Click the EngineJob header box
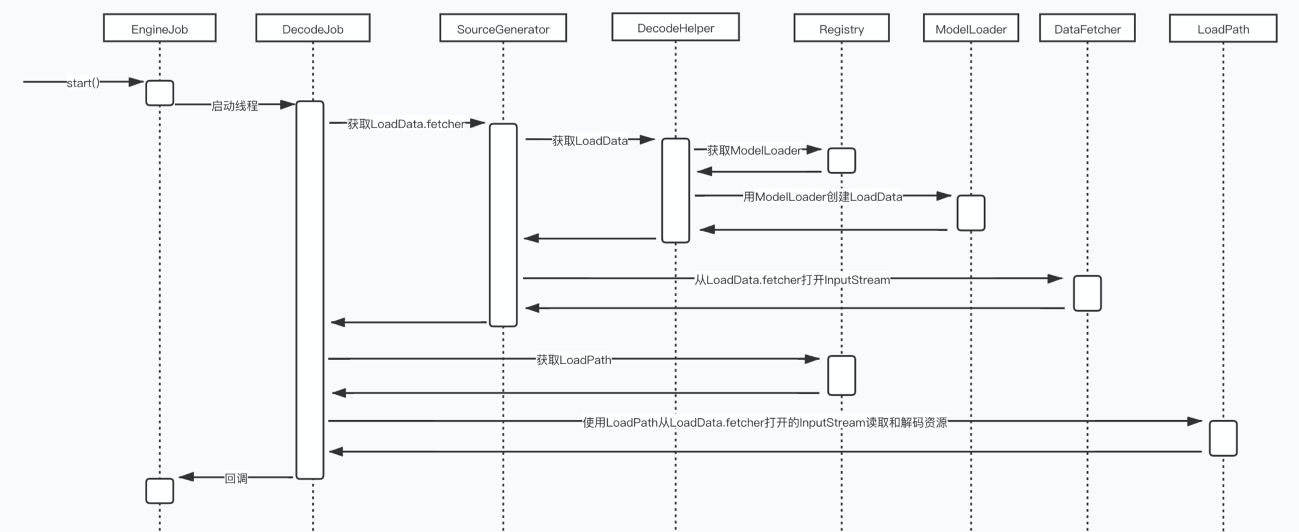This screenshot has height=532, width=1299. (159, 28)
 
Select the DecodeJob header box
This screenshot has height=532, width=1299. (313, 28)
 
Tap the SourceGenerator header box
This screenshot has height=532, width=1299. (503, 28)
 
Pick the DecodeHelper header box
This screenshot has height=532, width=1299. (675, 28)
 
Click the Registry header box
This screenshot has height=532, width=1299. (841, 28)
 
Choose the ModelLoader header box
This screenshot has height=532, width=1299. (971, 28)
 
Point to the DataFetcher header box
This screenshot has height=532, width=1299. (1087, 28)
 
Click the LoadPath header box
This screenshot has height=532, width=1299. (1223, 28)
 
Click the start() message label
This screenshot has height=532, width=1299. (83, 82)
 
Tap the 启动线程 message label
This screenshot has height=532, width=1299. (234, 106)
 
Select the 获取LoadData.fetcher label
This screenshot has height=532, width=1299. (406, 124)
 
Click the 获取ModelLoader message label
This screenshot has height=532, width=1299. (754, 150)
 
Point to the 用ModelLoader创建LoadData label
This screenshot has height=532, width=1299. (822, 197)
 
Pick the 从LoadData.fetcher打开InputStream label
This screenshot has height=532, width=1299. (792, 280)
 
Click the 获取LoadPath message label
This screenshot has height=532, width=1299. (573, 360)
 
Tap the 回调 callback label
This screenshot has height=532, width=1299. (236, 478)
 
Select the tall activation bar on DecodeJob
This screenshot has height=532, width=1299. (310, 289)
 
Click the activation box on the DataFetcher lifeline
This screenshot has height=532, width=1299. (1087, 293)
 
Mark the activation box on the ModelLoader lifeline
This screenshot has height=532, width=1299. (971, 212)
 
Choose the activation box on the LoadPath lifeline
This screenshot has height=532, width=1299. (1223, 438)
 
